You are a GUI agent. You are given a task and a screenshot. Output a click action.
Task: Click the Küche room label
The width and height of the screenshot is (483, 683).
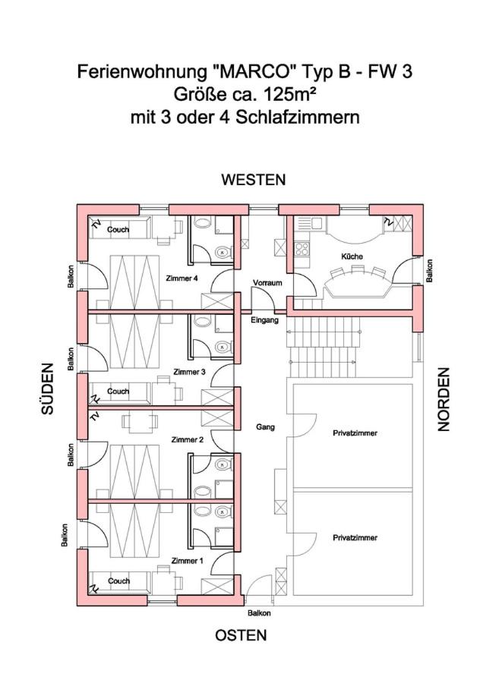click(352, 257)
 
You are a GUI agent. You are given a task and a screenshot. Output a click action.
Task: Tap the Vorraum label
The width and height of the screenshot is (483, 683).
click(267, 283)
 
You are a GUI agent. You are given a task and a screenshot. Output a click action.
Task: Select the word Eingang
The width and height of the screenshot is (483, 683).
click(264, 320)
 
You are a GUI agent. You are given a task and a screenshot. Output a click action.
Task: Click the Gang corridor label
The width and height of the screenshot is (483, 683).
click(265, 427)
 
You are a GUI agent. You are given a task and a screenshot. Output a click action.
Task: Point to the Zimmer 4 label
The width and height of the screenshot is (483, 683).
click(182, 279)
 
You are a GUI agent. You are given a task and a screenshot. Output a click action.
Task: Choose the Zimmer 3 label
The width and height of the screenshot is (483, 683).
click(189, 372)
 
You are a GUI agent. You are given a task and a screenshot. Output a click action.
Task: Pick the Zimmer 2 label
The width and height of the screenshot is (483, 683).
click(188, 439)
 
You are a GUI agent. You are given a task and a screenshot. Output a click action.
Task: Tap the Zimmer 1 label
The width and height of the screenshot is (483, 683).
click(188, 561)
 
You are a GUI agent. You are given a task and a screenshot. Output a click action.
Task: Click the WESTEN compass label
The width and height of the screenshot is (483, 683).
click(253, 180)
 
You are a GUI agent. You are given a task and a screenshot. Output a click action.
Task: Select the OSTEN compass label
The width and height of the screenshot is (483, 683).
click(241, 635)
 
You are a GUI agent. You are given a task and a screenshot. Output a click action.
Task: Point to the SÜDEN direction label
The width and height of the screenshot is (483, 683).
click(48, 389)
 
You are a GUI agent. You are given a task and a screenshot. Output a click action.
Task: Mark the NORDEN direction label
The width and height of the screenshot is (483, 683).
click(444, 399)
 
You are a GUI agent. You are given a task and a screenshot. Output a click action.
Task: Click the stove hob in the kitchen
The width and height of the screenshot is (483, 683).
click(302, 249)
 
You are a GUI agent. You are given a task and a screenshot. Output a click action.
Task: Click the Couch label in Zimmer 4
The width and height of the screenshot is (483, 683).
click(118, 229)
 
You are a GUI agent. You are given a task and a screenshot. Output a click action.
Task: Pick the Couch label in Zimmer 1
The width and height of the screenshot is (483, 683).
click(118, 581)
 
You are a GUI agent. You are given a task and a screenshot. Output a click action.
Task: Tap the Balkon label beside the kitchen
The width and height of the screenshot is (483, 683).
click(429, 271)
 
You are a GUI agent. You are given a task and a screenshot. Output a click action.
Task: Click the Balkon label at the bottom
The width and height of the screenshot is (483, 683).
click(260, 613)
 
